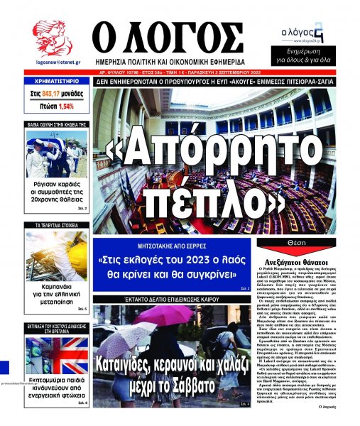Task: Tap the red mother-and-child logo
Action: [x=51, y=39]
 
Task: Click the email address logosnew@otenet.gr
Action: [x=52, y=62]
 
